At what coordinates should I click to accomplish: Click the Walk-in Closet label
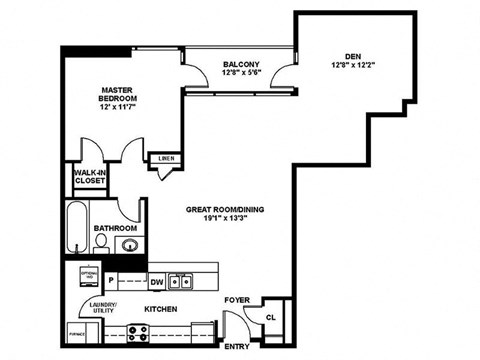coord(89,177)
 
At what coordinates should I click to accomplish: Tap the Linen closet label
coord(164,158)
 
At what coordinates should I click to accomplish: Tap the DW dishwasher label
coord(157,281)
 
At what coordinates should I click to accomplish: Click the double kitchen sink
coord(181,281)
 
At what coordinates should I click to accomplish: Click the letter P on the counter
coord(111,281)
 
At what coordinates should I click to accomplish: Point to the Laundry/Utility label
coord(104,307)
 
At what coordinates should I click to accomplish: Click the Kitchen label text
coord(161,309)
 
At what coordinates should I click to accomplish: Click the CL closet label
coord(270,317)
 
